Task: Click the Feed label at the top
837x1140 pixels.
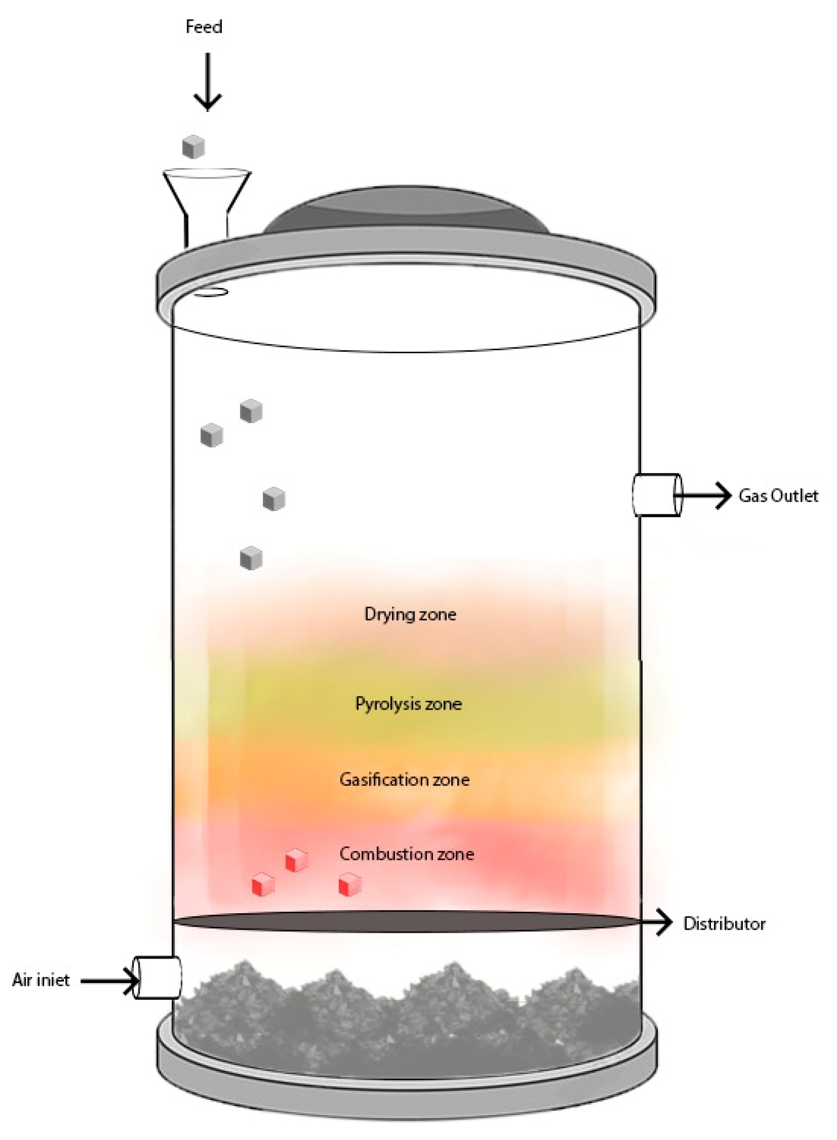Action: tap(204, 27)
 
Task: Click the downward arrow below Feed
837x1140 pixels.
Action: tap(207, 82)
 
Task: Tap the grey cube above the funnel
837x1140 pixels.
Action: tap(193, 147)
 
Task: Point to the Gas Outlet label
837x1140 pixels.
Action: tap(778, 496)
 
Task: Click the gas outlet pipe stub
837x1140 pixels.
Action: tap(656, 495)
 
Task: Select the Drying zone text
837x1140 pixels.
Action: tap(410, 614)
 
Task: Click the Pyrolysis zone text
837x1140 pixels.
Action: tap(408, 704)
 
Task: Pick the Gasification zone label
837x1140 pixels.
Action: tap(404, 780)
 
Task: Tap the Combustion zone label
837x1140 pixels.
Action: tap(406, 854)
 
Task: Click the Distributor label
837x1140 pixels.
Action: tap(724, 924)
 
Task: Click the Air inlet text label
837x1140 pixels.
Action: tap(41, 980)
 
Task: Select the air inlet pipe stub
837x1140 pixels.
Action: tap(157, 978)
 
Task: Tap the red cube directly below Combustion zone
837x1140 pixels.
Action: tap(350, 885)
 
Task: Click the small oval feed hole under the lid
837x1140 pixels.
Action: tap(211, 292)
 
